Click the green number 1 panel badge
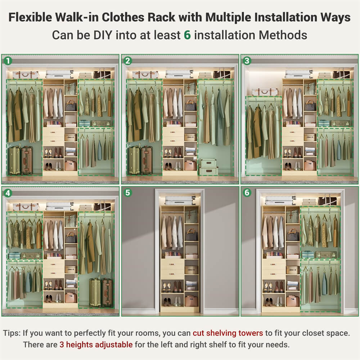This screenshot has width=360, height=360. pos(7,61)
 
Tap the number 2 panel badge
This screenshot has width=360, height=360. pos(127,61)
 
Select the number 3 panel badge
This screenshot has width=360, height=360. pos(247,61)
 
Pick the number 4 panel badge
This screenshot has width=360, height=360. pos(7,193)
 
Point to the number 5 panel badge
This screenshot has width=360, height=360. pos(127,193)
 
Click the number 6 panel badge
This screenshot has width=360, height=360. pos(247,193)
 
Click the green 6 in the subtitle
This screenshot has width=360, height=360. pos(187,35)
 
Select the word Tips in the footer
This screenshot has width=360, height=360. pos(15,333)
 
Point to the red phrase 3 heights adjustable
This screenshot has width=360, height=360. pos(96,345)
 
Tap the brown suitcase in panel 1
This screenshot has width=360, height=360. pos(27,161)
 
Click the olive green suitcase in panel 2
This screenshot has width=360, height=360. pos(134,161)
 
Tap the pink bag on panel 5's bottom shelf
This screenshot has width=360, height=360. pos(191,301)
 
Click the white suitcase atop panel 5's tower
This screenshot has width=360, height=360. pos(180,200)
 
